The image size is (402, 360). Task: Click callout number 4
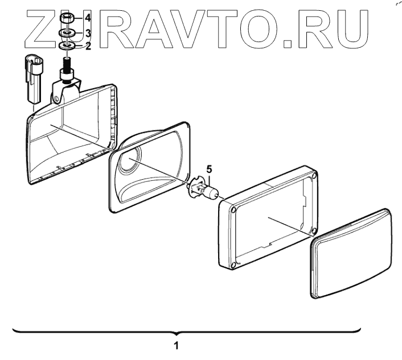(x=88, y=18)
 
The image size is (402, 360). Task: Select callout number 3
(x=88, y=34)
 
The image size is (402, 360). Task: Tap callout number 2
(x=88, y=46)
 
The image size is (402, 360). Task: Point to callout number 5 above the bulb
(x=209, y=169)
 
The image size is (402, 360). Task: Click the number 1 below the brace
(x=177, y=345)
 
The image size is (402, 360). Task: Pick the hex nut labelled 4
(x=65, y=19)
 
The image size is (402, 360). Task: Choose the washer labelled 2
(x=67, y=45)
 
